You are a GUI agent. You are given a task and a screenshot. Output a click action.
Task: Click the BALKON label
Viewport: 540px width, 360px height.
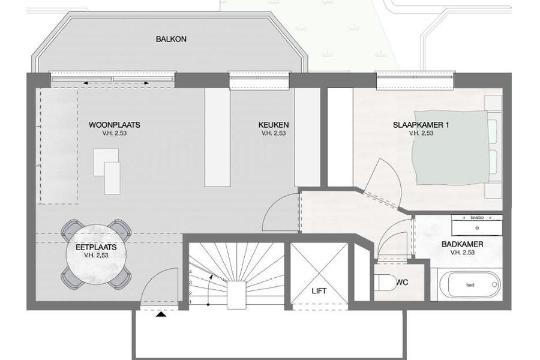pos(171,39)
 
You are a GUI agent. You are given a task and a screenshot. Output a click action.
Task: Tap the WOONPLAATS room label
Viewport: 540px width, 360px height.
pos(115,125)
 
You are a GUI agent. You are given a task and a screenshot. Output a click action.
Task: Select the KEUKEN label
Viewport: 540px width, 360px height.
pos(274,125)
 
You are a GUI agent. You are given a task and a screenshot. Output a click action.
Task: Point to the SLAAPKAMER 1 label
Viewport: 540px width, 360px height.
pos(421,125)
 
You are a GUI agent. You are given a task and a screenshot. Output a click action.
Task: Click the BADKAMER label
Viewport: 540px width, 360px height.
pos(462,244)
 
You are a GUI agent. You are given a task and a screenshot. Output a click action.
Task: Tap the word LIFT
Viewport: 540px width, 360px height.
pos(319,291)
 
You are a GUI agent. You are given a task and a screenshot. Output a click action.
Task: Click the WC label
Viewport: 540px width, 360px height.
pos(402,283)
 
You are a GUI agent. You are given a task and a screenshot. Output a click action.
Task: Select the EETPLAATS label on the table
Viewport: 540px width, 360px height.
pos(96,247)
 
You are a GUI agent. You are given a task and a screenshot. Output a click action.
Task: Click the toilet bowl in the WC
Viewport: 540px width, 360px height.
pos(386,283)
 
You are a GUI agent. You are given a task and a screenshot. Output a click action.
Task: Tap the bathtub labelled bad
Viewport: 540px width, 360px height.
pos(470,285)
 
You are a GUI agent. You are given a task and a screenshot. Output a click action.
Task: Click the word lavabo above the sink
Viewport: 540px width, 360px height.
pos(477,218)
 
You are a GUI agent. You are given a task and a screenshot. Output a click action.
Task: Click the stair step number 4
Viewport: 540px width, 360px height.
pos(190,272)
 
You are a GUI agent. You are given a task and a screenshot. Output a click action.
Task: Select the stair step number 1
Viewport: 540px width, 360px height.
pos(190,302)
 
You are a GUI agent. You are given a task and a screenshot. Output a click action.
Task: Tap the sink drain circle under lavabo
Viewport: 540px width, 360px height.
pos(477,228)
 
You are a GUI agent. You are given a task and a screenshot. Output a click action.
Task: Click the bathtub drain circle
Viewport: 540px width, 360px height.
pos(494,285)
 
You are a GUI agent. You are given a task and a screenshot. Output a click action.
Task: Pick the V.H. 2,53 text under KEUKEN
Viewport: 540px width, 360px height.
pos(274,133)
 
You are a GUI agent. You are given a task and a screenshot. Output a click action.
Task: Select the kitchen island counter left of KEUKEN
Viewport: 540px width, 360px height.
pos(217,137)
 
